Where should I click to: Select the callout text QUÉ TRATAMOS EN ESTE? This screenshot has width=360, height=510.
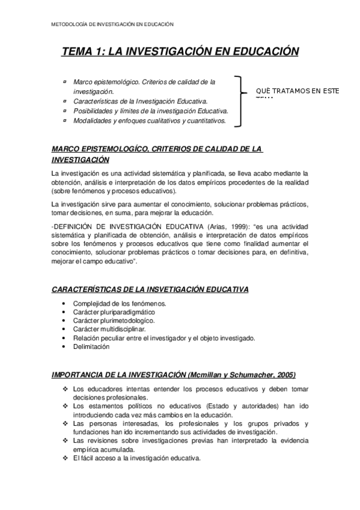point(297,91)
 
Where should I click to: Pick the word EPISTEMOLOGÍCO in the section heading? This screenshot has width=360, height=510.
point(115,149)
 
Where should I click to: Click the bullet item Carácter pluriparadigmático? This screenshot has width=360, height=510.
point(114,312)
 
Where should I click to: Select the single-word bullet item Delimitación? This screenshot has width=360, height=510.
point(91,347)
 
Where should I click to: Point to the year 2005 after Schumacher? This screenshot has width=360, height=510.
point(284,375)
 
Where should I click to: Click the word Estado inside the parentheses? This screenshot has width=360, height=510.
point(220,407)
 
